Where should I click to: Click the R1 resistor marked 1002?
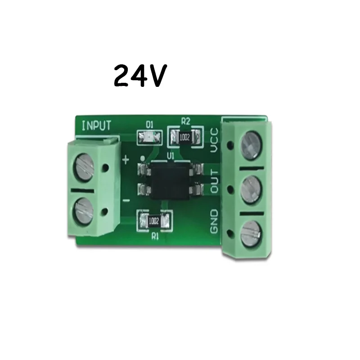click(x=154, y=220)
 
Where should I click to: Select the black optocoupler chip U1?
click(x=169, y=179)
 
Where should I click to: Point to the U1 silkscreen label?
click(x=170, y=155)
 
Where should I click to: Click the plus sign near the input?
click(x=126, y=158)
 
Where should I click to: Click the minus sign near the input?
click(x=126, y=200)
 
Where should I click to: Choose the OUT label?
click(x=214, y=181)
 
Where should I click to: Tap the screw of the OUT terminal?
click(x=250, y=188)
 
